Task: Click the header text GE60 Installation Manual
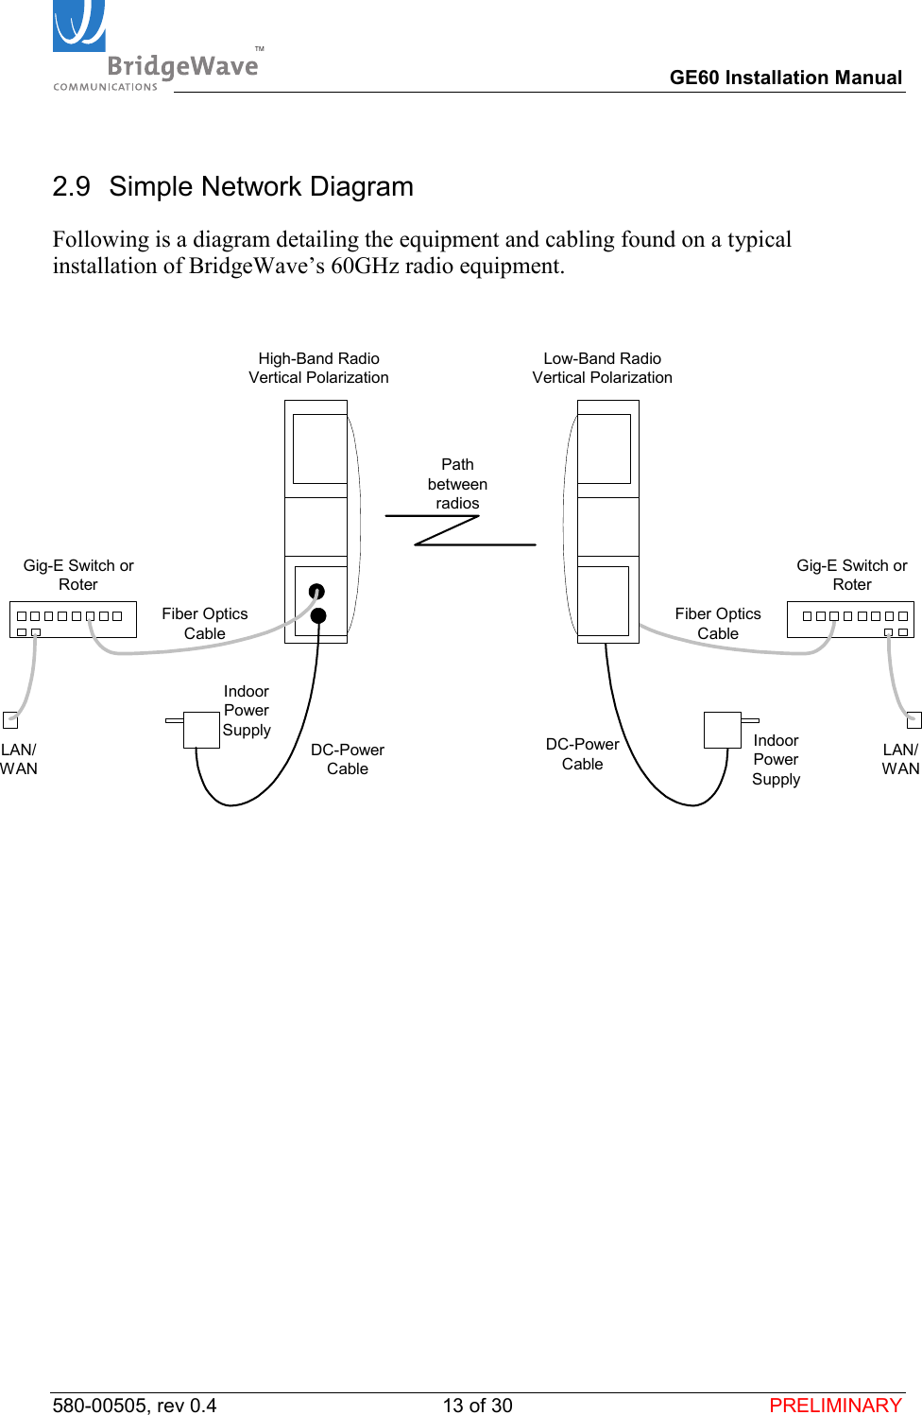(x=785, y=78)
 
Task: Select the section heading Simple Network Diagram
(x=261, y=186)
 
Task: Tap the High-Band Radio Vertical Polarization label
(x=318, y=368)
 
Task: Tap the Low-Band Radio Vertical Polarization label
(x=602, y=368)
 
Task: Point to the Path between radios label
(x=457, y=484)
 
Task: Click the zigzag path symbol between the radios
(x=460, y=530)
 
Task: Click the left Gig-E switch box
(x=73, y=619)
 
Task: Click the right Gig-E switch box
(x=850, y=619)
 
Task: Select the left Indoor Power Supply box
(x=201, y=729)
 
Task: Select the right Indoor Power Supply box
(x=722, y=730)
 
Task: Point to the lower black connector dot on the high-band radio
(x=318, y=616)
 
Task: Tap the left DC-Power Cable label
(x=348, y=759)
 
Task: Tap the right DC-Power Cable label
(x=582, y=754)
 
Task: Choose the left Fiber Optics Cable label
(x=205, y=623)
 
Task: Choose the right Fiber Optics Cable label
(x=718, y=623)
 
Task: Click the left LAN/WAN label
(x=19, y=759)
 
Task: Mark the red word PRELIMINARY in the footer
(x=835, y=1405)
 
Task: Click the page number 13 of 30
(x=477, y=1405)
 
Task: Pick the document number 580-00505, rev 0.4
(x=134, y=1405)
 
